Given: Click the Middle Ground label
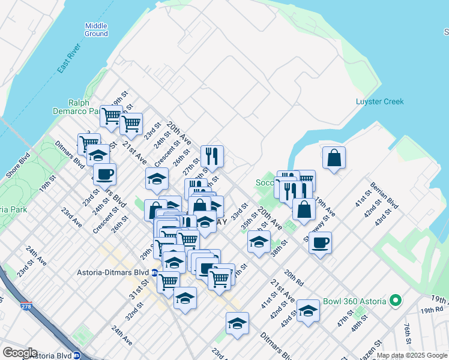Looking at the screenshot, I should tap(96, 29).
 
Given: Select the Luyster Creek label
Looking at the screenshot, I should tap(379, 101).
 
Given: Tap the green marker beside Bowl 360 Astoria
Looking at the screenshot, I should tap(395, 300).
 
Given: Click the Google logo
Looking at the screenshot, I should tap(20, 352).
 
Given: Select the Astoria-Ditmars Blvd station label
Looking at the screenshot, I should tap(113, 272).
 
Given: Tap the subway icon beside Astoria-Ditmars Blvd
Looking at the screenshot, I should tap(154, 272).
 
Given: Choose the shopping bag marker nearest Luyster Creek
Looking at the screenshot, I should tap(334, 158).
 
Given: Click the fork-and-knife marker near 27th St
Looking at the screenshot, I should tap(212, 157).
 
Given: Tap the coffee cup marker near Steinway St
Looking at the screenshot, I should tap(320, 243).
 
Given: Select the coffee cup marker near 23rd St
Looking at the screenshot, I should tap(104, 174).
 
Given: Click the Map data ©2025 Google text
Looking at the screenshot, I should tap(412, 355).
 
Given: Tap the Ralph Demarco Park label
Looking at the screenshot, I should tap(84, 106).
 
